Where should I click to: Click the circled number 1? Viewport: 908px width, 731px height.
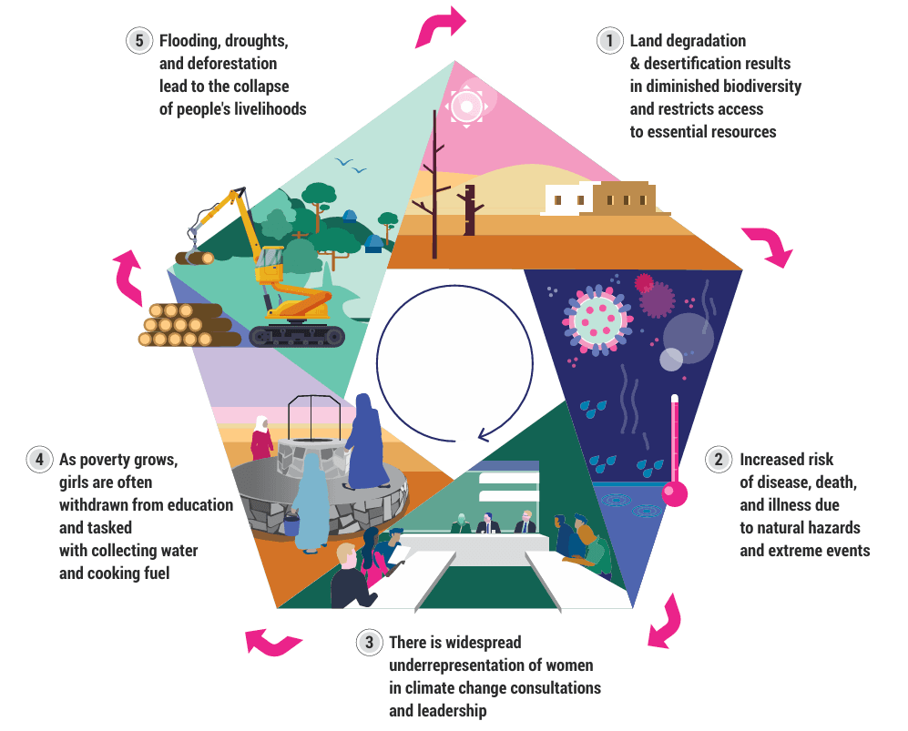(608, 41)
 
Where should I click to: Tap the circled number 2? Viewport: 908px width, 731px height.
(719, 460)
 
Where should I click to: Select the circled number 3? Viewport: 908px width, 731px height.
(368, 643)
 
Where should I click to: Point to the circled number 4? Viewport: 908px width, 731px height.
(38, 460)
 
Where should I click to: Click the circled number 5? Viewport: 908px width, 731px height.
(138, 41)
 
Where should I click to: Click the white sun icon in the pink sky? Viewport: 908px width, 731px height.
(467, 107)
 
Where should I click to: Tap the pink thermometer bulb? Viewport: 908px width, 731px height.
(675, 492)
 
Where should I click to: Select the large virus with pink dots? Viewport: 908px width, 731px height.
(597, 319)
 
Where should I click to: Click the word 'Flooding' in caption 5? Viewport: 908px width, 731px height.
(188, 41)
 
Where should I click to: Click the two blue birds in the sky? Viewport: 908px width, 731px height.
(351, 166)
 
